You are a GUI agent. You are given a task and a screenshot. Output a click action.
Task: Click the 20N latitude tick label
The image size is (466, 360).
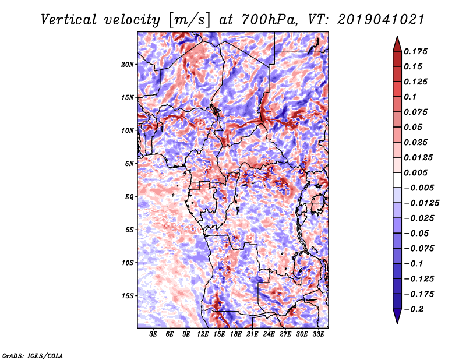click(128, 65)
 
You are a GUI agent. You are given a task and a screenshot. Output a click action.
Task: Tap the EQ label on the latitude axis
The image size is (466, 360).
click(129, 197)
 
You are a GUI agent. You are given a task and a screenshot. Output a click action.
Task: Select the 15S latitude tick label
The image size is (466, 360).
click(128, 296)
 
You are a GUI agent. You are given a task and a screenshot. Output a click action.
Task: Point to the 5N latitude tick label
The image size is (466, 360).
click(129, 164)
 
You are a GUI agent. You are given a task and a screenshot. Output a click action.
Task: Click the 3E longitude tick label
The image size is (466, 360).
click(153, 334)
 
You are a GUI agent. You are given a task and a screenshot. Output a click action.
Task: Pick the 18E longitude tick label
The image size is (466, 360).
click(236, 334)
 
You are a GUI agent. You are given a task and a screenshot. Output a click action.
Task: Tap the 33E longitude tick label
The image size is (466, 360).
click(318, 334)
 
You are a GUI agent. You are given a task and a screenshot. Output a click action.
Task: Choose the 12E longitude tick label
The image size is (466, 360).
click(203, 334)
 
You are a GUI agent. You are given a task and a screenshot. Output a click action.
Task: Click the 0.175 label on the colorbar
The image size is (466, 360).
click(415, 51)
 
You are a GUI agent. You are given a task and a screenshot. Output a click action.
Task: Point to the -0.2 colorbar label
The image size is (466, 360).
click(414, 309)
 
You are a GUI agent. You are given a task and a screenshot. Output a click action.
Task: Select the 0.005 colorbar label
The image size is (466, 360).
click(415, 172)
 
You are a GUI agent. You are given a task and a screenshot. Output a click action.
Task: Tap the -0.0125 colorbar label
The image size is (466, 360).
click(421, 203)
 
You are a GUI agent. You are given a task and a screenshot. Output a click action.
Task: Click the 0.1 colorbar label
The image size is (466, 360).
click(410, 97)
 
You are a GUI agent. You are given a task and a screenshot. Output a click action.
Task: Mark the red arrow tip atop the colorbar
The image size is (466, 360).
click(397, 37)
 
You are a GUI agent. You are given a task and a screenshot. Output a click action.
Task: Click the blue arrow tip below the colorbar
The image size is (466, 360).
click(397, 323)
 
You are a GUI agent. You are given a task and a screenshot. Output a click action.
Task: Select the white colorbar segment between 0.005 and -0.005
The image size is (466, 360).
click(397, 180)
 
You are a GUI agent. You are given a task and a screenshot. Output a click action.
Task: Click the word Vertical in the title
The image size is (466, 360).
click(69, 20)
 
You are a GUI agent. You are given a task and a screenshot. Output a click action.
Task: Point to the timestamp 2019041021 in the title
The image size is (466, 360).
click(381, 20)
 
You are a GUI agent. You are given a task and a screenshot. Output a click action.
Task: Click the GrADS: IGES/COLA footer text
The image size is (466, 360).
click(33, 356)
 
